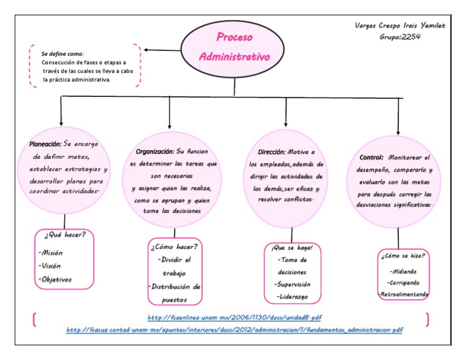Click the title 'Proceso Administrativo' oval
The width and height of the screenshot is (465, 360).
click(234, 47)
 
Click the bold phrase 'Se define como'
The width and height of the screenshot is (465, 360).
click(63, 54)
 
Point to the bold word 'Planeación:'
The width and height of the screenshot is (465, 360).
click(45, 144)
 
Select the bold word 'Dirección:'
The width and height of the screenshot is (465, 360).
click(267, 152)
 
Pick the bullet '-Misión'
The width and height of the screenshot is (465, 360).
click(50, 252)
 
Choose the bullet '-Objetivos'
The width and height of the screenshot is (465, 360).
click(54, 279)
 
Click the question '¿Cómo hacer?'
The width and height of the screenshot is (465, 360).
click(174, 246)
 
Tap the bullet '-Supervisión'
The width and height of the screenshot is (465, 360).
click(292, 284)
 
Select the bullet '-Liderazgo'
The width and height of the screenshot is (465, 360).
click(292, 296)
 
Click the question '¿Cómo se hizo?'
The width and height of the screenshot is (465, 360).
click(403, 256)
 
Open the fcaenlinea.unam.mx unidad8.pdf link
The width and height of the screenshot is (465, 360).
click(234, 318)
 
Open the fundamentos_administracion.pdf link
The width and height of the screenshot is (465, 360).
click(234, 330)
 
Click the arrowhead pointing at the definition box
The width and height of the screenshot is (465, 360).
click(147, 50)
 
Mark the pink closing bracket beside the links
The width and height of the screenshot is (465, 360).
click(427, 319)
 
